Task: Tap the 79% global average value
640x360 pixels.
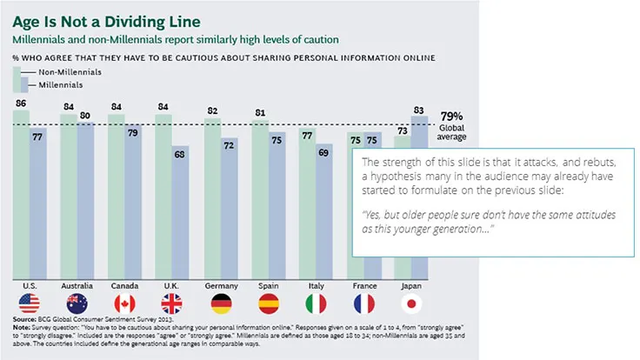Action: (451, 116)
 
